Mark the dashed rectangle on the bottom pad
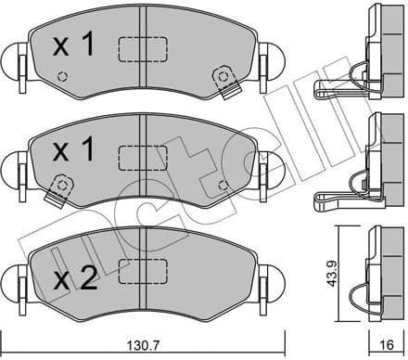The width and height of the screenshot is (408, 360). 142,270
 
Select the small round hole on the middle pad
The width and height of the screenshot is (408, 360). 221,184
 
